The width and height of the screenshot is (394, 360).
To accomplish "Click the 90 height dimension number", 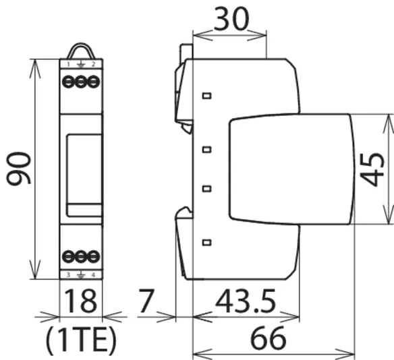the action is click(18, 168).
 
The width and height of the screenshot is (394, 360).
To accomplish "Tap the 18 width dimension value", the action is click(80, 301).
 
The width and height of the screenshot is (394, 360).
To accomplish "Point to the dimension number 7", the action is click(146, 301).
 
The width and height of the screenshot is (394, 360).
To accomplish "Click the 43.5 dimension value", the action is click(246, 301).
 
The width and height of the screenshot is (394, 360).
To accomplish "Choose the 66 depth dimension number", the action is click(268, 338).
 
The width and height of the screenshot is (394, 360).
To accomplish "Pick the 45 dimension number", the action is click(372, 170).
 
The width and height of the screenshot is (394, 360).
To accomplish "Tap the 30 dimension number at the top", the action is click(231, 20).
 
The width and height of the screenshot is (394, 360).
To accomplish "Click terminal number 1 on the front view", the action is click(68, 65).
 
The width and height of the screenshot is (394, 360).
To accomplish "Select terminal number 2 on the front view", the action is click(93, 64).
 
